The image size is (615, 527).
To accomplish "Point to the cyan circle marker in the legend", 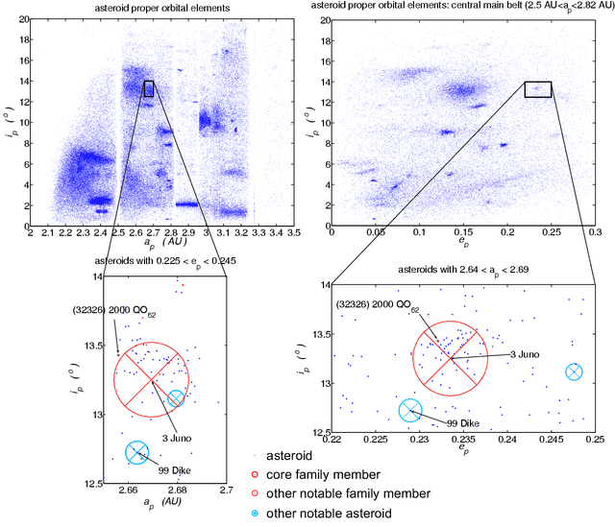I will pyautogui.click(x=255, y=514).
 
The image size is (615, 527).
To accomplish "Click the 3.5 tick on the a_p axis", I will pyautogui.click(x=294, y=233).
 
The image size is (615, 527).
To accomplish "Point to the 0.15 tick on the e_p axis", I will pyautogui.click(x=462, y=233).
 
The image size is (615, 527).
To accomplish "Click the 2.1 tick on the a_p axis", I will pyautogui.click(x=48, y=233).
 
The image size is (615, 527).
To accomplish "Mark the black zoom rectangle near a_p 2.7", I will pyautogui.click(x=148, y=88).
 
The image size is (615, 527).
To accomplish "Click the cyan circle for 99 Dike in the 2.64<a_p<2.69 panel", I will pyautogui.click(x=410, y=411).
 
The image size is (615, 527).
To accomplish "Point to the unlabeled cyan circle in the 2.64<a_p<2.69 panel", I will pyautogui.click(x=574, y=371).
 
